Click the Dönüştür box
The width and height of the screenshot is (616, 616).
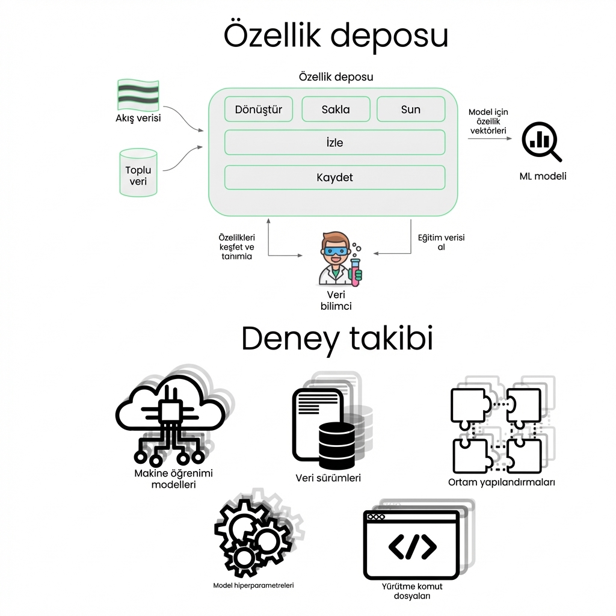tap(259, 109)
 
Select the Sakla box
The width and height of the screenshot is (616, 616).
tap(336, 109)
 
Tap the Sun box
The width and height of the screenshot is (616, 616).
tap(411, 109)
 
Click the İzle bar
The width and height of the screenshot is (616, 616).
tap(334, 143)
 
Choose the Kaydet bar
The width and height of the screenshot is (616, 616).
tap(334, 177)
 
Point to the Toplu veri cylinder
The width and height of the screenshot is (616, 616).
tap(138, 173)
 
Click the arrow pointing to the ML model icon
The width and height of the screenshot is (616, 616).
tap(490, 139)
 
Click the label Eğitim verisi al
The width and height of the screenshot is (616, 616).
tap(441, 242)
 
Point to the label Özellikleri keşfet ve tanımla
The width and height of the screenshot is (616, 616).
tap(236, 247)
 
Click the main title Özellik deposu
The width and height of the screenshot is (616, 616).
tap(336, 36)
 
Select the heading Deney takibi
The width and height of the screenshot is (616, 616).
tap(337, 339)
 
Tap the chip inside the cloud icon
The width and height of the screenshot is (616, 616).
tap(169, 411)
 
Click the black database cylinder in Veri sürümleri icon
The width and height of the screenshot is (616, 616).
tap(336, 445)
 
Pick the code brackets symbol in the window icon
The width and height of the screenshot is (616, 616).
tap(413, 546)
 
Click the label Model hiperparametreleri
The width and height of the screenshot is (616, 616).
tap(253, 585)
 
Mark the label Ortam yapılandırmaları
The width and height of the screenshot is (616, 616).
tap(501, 482)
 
